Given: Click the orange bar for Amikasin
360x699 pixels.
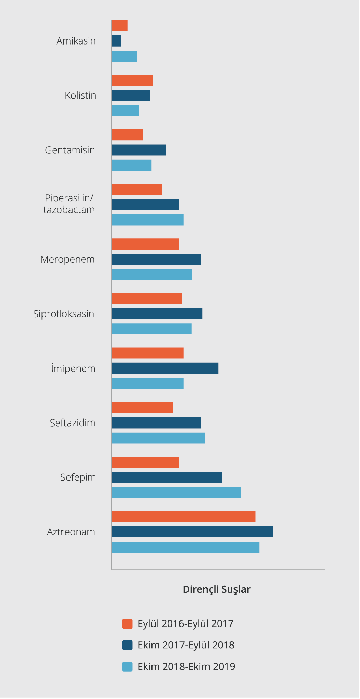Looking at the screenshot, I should (119, 26).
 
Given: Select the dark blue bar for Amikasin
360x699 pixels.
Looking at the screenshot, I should (116, 41).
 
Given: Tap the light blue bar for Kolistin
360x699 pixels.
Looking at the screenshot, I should (125, 111).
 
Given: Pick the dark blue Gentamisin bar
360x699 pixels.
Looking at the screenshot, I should (138, 150).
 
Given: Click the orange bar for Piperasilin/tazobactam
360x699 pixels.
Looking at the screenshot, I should (137, 190).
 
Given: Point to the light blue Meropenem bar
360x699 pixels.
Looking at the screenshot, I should (151, 274).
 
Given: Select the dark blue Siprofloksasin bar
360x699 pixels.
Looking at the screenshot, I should (157, 314).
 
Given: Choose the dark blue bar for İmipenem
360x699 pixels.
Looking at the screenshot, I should (165, 368).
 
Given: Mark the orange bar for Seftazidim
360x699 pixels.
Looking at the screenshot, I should (142, 408).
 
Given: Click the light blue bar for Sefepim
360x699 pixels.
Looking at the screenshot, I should (176, 493).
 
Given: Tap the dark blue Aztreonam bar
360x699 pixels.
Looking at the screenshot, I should (192, 532).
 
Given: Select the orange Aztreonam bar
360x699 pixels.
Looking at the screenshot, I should (183, 517).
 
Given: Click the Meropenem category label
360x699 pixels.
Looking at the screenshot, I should (67, 259).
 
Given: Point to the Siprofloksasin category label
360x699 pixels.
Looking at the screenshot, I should (64, 314).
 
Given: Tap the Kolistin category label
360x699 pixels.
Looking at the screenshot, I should (80, 95).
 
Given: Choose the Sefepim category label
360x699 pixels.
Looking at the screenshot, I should (78, 477).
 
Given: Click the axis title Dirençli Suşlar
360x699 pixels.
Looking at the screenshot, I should (216, 589).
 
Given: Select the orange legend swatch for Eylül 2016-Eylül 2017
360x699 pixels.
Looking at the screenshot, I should (127, 624).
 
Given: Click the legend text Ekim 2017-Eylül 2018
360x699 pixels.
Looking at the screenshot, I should (186, 645).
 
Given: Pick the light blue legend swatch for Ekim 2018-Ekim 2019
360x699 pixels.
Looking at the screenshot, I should (127, 667).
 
